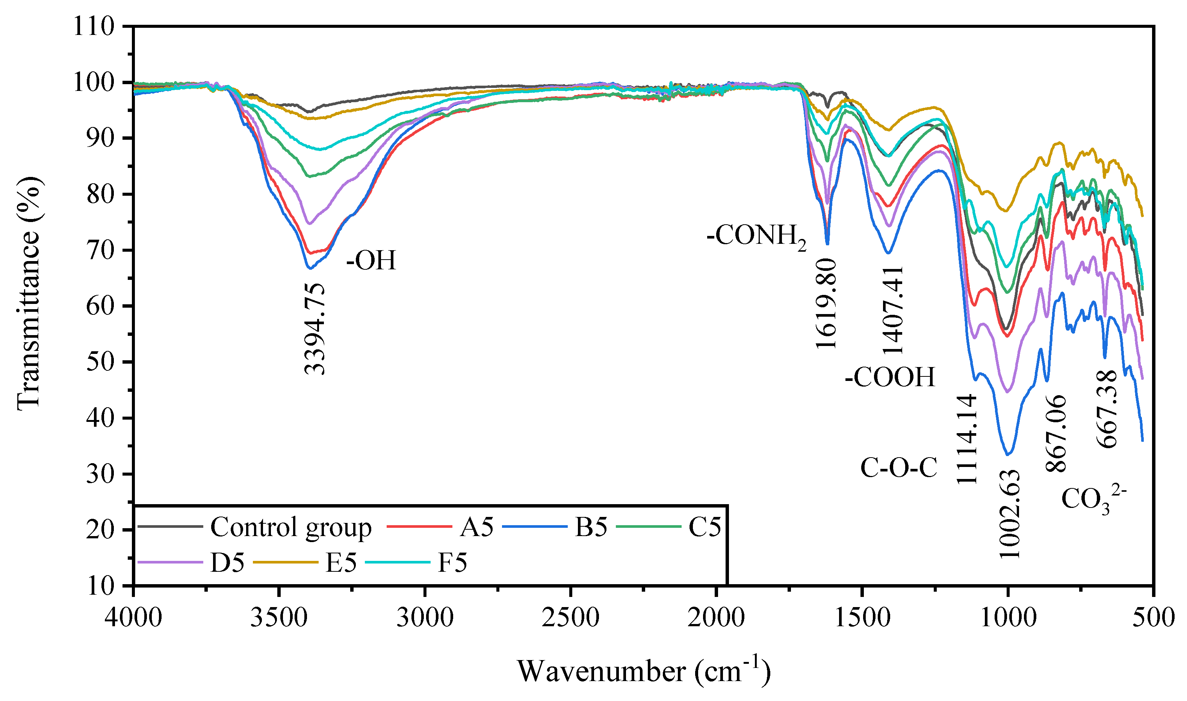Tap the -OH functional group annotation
point(371,260)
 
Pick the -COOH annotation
point(890,377)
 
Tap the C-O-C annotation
point(899,468)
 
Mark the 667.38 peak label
point(1107,409)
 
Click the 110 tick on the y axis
point(94,26)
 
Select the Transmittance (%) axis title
point(29,293)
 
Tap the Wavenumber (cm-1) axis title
point(643,671)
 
